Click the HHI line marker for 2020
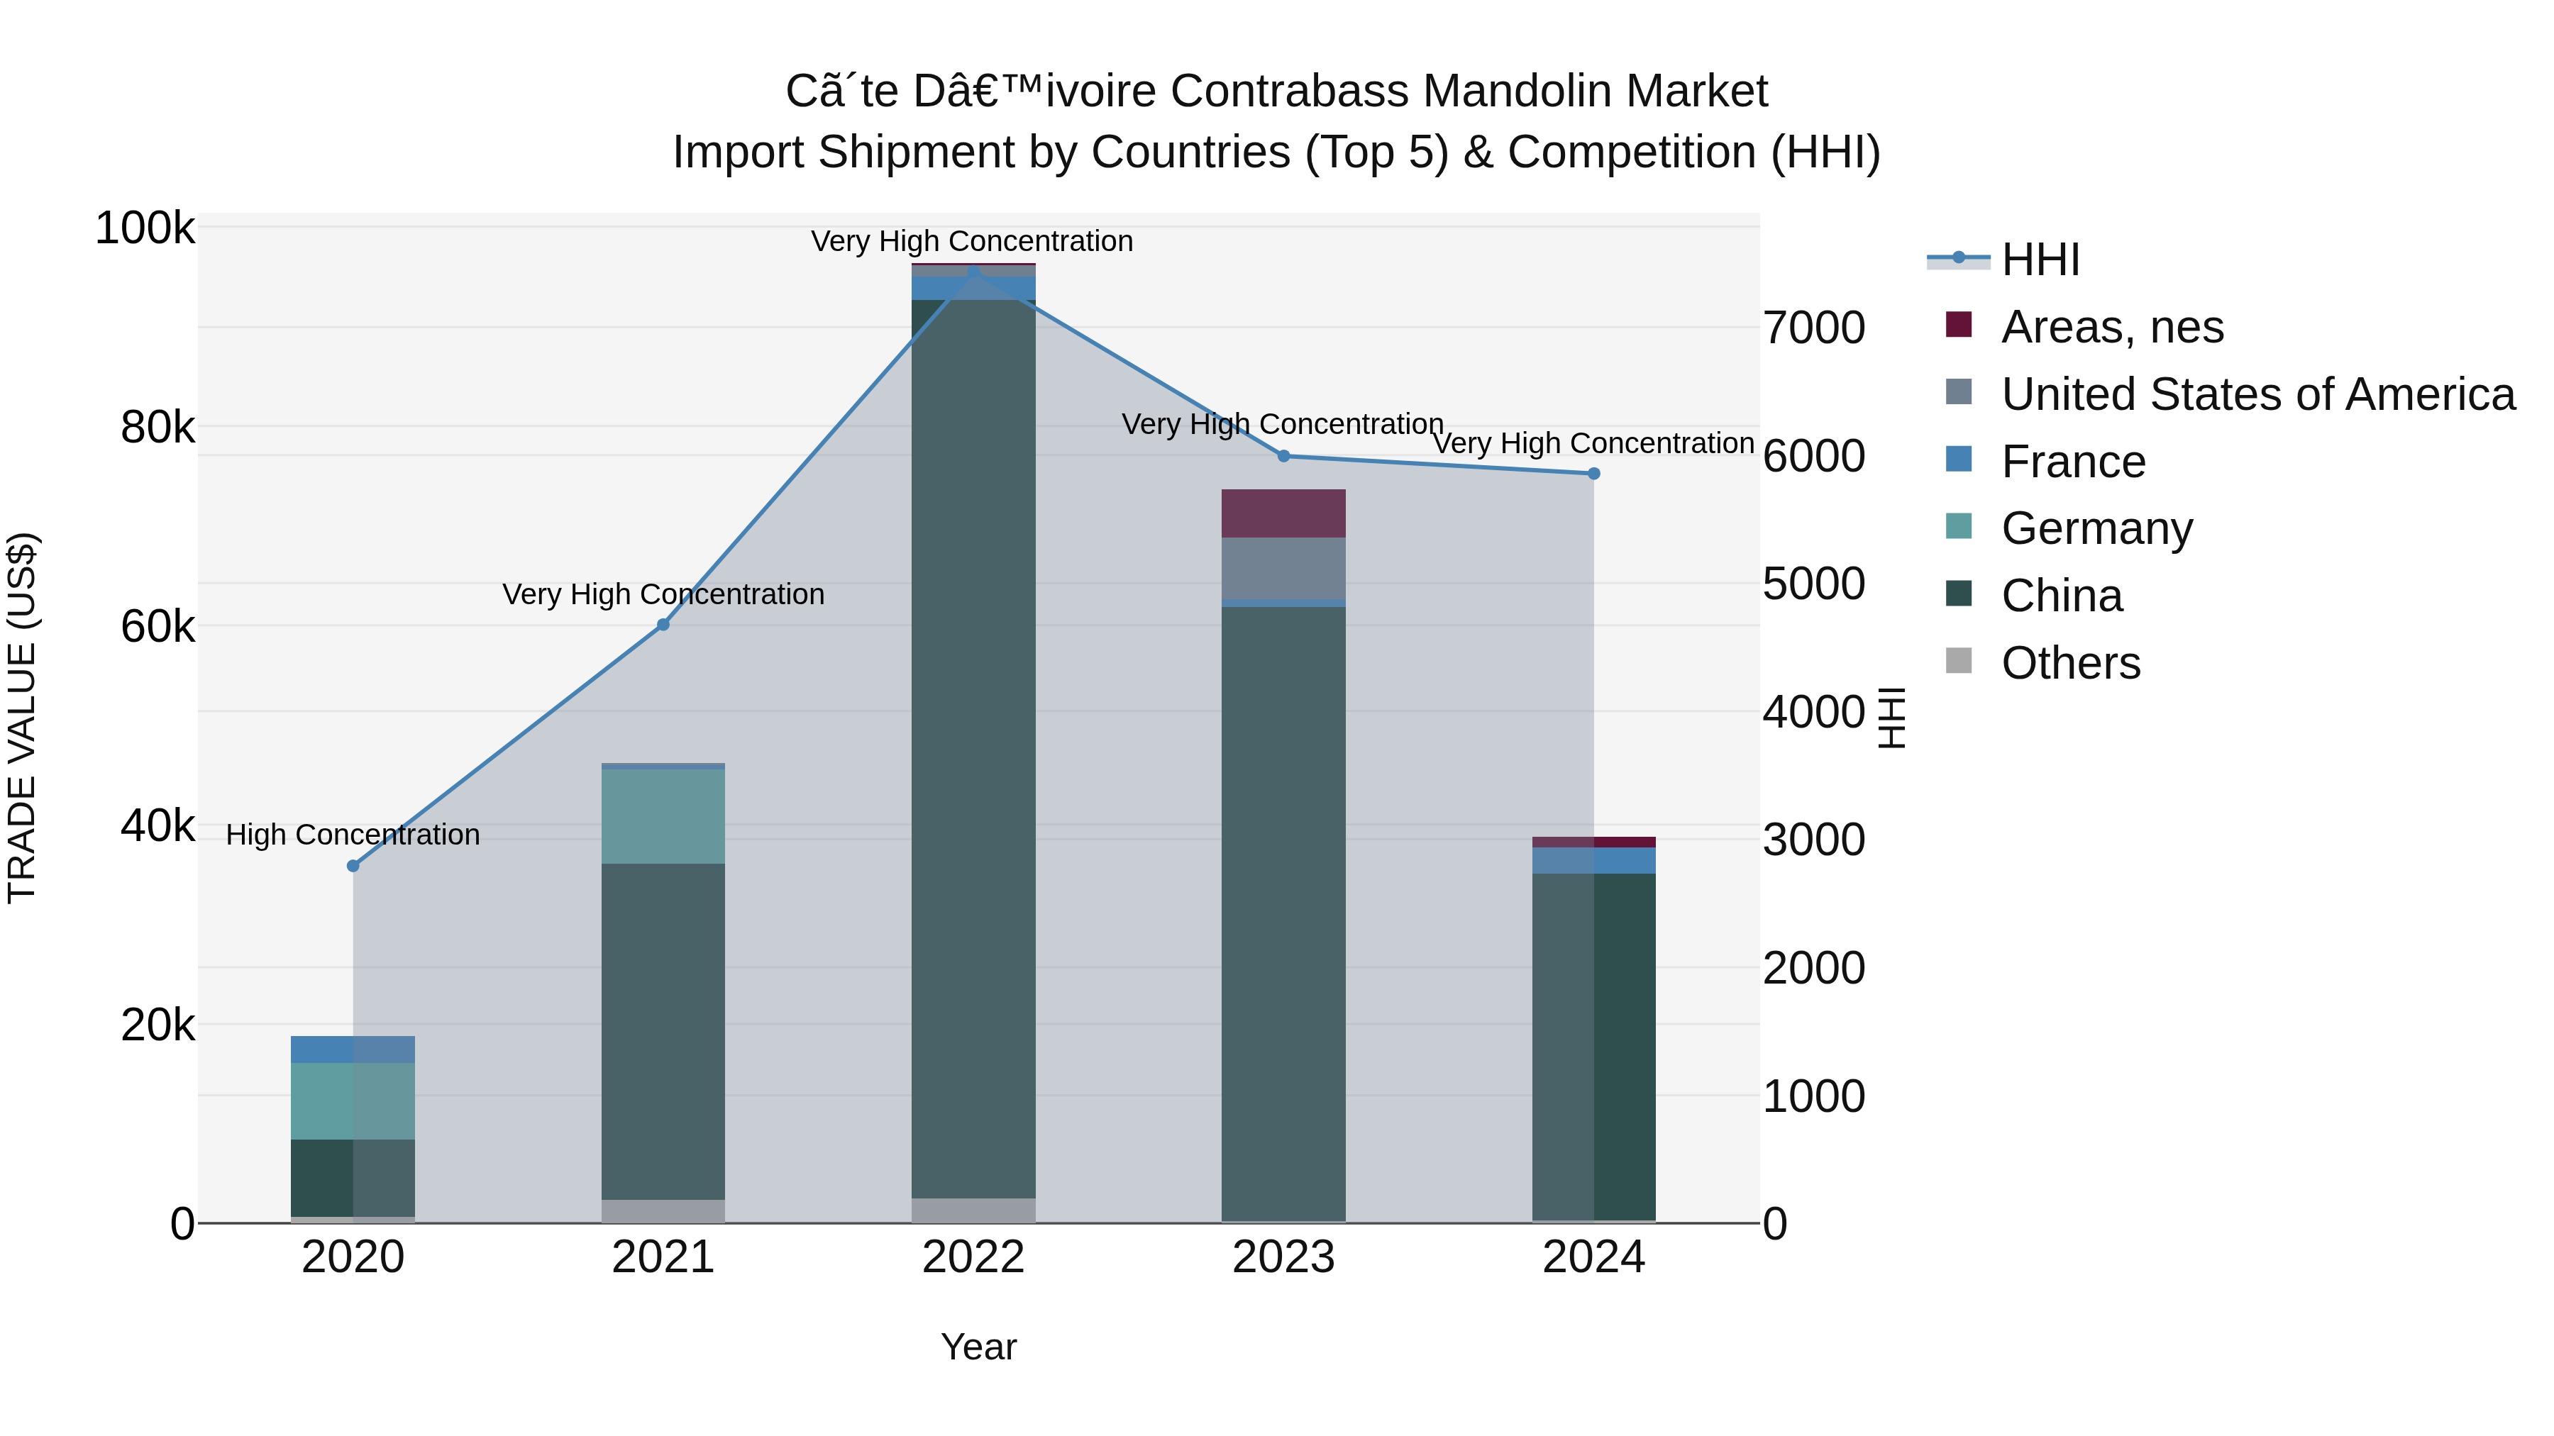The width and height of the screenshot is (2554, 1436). [x=353, y=865]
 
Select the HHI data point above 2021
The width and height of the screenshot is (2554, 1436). [x=663, y=624]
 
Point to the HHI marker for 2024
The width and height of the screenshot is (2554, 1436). [x=1593, y=474]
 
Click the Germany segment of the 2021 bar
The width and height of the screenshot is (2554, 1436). [x=663, y=816]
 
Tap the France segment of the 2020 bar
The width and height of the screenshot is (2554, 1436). [x=353, y=1050]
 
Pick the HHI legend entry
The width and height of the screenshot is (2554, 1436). [x=2040, y=260]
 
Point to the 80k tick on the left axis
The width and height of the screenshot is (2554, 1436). [x=157, y=428]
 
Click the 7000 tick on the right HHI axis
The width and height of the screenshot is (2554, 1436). [x=1813, y=328]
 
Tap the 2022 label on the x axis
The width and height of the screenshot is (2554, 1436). [x=973, y=1257]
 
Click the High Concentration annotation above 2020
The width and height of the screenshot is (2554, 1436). [x=353, y=835]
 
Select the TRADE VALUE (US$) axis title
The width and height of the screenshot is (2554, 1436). [x=22, y=718]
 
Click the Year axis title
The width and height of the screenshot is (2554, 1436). [x=978, y=1347]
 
